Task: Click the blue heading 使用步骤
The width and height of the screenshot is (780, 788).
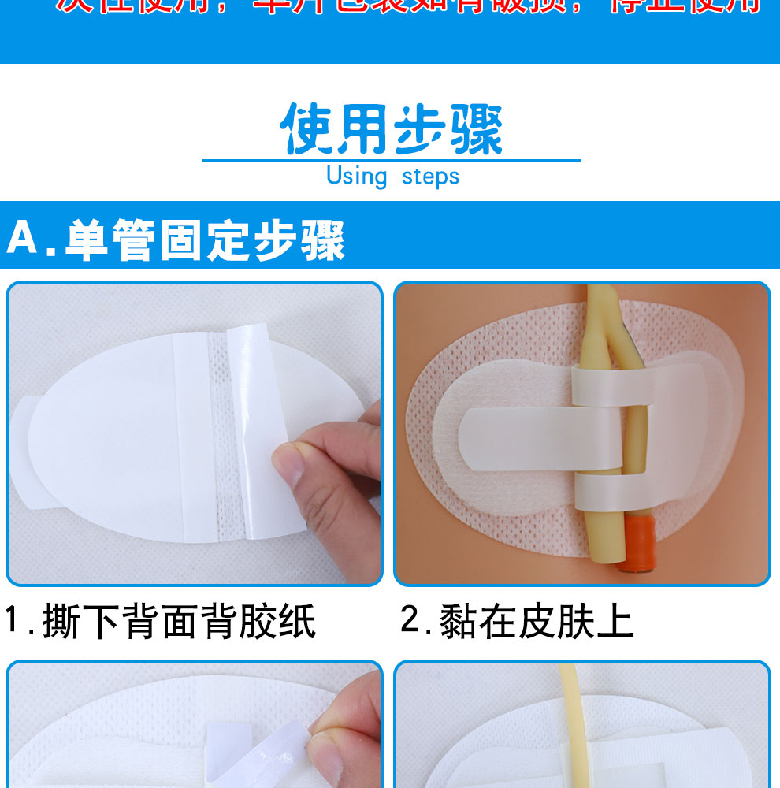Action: point(392,128)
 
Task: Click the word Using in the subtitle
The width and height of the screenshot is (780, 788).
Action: point(356,176)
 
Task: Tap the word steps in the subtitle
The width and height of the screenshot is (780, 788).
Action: point(430,177)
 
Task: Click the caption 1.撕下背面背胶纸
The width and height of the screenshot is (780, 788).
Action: point(161,622)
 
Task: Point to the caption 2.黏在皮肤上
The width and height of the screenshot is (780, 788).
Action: point(517,622)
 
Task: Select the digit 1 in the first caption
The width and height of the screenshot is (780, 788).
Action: point(13,621)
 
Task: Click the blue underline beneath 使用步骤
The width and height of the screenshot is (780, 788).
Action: point(392,161)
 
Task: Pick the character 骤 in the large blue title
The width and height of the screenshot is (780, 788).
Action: point(476,129)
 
